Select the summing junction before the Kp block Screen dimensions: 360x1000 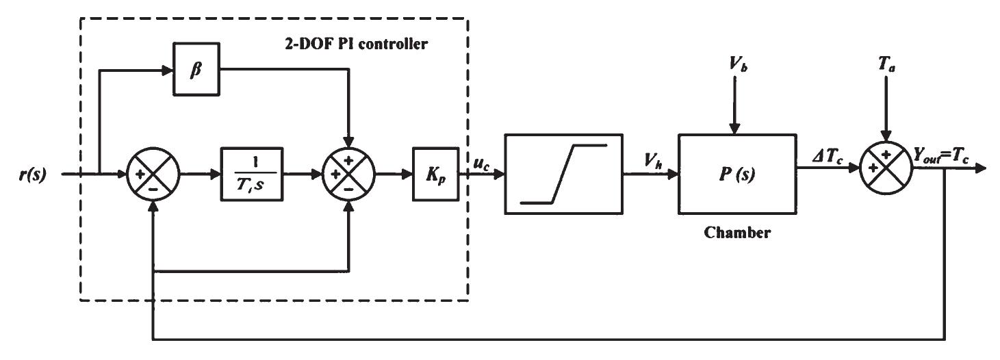(x=350, y=173)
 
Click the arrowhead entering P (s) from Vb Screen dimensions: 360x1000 (x=733, y=128)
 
